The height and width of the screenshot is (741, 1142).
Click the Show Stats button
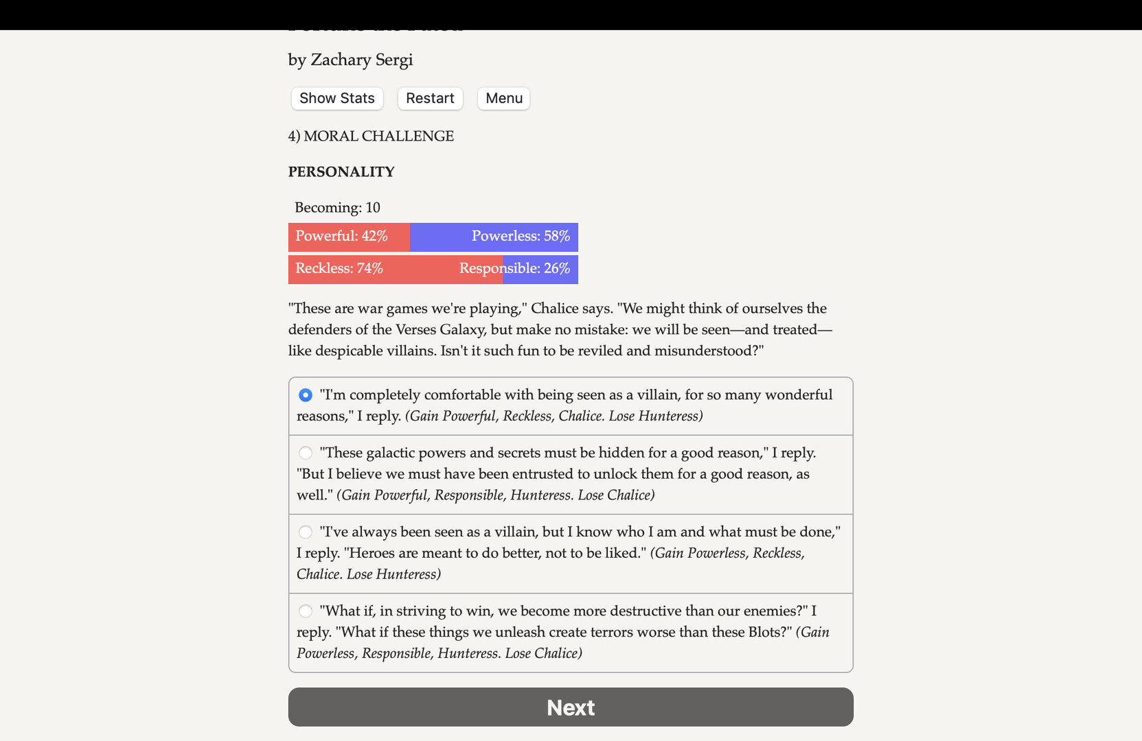(x=336, y=98)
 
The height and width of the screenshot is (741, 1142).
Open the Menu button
(x=503, y=98)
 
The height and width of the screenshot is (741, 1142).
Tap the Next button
(x=571, y=707)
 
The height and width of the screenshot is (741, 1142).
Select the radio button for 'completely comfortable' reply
(x=306, y=395)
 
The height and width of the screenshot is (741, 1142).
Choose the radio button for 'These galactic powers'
(x=306, y=453)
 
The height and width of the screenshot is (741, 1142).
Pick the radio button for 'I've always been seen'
(x=306, y=532)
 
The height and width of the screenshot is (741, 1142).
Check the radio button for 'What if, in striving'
(x=306, y=611)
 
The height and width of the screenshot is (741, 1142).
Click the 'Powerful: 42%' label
(x=341, y=236)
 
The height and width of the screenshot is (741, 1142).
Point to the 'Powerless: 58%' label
(x=521, y=236)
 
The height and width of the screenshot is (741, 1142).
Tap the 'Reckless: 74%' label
(x=339, y=268)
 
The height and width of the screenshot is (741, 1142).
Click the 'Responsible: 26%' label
(x=514, y=268)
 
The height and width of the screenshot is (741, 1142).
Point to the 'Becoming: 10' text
(x=337, y=207)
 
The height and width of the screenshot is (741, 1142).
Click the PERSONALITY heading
(x=341, y=172)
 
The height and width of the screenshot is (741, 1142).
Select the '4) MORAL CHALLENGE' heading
(x=371, y=136)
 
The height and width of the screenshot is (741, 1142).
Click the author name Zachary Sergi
(x=361, y=60)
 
